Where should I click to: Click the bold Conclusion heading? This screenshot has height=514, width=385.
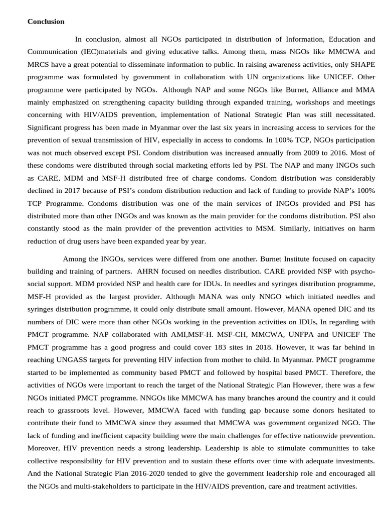tap(46, 22)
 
